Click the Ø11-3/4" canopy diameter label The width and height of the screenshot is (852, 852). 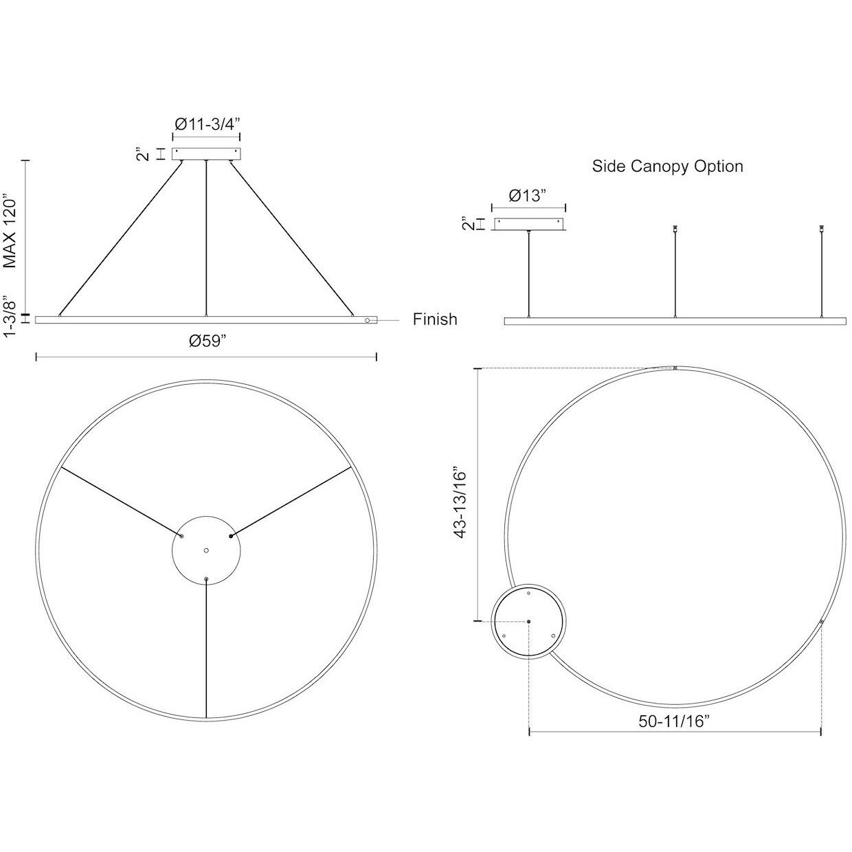point(207,124)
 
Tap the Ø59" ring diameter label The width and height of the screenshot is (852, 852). point(208,341)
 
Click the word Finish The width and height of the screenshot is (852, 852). point(435,319)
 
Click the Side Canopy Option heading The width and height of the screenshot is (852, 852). point(668,166)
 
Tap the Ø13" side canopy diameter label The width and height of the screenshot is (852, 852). point(528,195)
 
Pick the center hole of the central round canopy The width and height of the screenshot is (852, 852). point(206,550)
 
